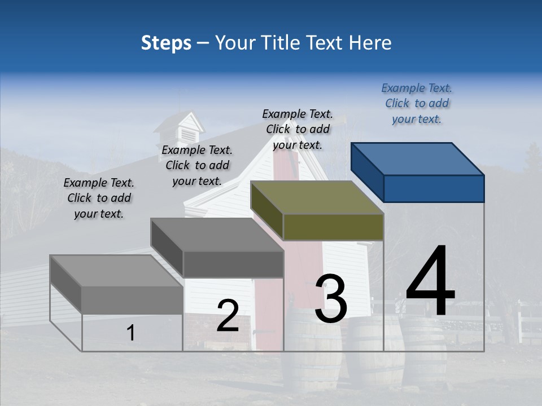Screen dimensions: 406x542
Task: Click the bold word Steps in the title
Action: (166, 43)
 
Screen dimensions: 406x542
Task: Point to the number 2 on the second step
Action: (228, 315)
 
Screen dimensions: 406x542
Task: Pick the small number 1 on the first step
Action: (130, 333)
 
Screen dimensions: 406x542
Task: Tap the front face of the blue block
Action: (434, 188)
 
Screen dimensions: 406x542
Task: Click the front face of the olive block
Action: (333, 227)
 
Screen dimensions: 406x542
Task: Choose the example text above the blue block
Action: (417, 104)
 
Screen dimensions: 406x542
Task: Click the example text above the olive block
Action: (298, 129)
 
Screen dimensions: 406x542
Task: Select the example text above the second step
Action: (197, 165)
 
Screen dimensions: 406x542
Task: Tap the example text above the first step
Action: (99, 198)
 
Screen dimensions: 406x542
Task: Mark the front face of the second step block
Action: (233, 264)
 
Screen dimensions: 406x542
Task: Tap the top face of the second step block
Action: (217, 235)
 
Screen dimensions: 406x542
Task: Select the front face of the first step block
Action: (132, 299)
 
